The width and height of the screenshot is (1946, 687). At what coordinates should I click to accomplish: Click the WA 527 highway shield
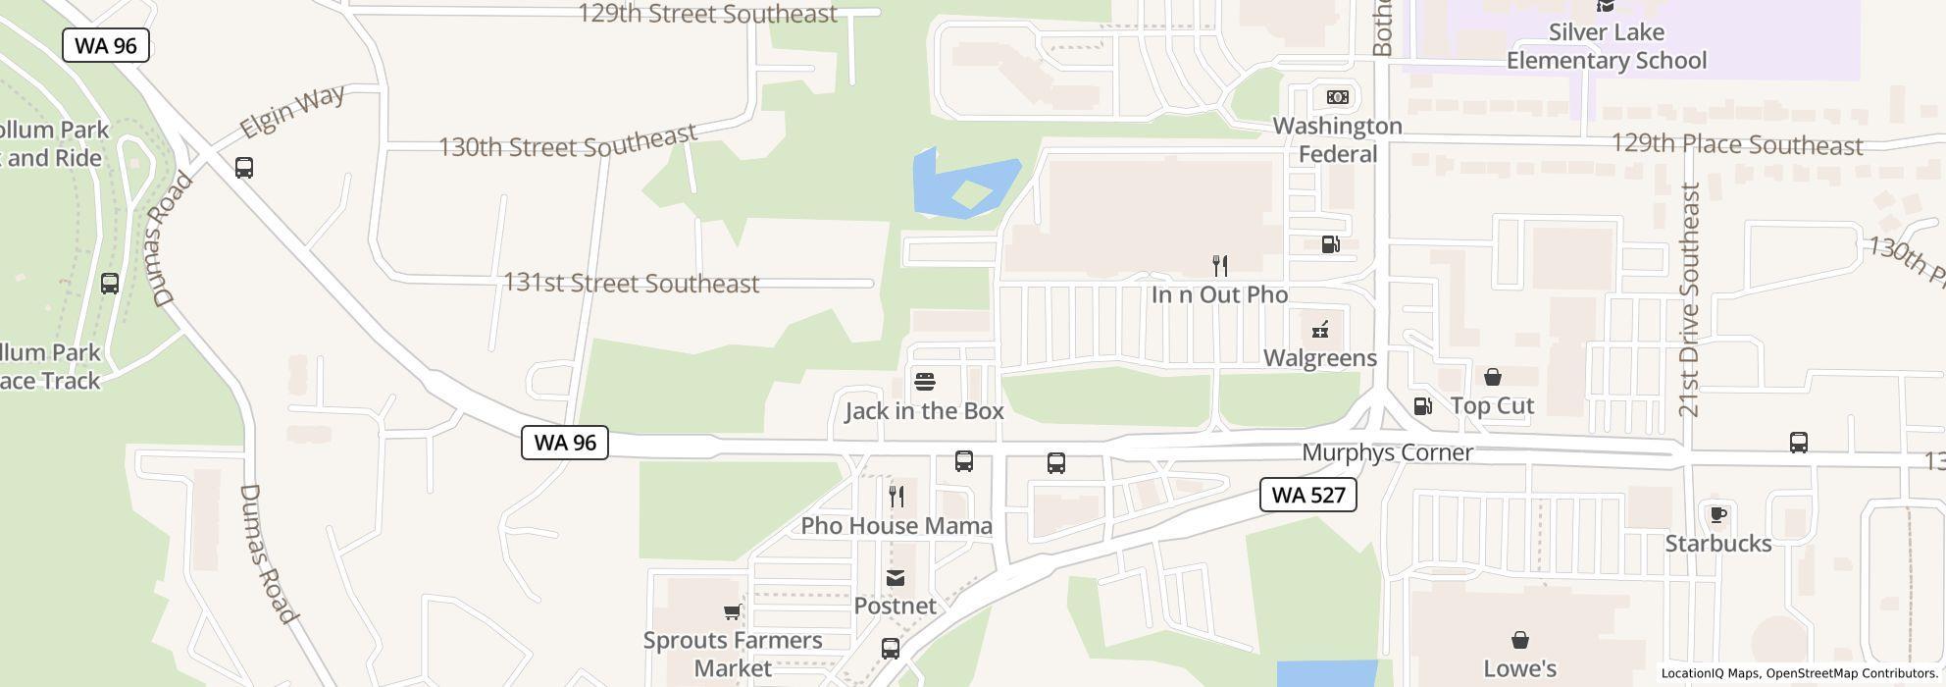coord(1307,495)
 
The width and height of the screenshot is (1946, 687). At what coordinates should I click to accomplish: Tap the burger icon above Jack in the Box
coord(924,382)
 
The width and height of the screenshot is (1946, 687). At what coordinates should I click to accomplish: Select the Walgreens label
coord(1319,358)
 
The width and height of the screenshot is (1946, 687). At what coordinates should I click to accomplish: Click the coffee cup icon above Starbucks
coord(1717,514)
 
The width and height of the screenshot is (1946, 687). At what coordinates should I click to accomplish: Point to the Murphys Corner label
coord(1387,452)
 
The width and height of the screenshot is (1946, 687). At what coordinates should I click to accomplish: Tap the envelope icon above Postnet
coord(895,578)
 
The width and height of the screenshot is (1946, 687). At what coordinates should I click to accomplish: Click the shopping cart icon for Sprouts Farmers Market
coord(731,612)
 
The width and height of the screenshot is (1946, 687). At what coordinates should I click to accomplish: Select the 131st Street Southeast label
coord(631,284)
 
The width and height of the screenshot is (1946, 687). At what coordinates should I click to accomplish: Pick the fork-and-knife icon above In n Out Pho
coord(1219,265)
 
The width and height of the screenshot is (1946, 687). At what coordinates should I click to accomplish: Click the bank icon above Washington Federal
coord(1337,97)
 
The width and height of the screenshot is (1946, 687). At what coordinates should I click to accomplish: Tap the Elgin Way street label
coord(292,111)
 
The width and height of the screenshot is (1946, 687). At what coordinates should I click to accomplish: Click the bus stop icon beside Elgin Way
coord(244,168)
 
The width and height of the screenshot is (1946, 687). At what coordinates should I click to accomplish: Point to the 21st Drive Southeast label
coord(1688,299)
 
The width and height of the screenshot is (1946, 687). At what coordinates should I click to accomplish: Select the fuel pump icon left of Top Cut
coord(1421,405)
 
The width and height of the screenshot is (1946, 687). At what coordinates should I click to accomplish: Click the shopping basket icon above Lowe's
coord(1519,640)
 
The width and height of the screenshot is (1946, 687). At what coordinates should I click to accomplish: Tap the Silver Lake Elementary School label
coord(1606,46)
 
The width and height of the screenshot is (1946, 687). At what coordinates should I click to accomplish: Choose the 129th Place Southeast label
coord(1736,145)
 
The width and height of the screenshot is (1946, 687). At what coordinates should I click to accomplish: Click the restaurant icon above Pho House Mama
coord(896,497)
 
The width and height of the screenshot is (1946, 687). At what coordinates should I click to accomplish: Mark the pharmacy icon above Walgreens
coord(1320,329)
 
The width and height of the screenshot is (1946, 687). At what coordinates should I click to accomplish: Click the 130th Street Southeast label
coord(567,142)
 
